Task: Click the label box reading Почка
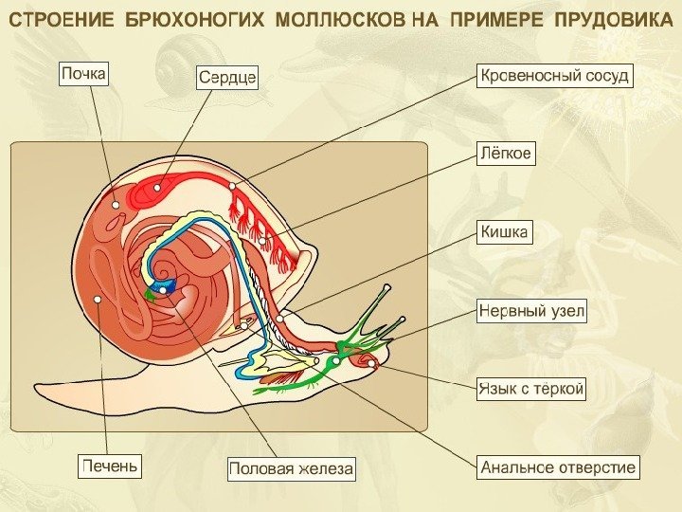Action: (x=84, y=72)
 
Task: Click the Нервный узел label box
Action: (x=530, y=311)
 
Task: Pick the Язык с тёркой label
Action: (x=530, y=388)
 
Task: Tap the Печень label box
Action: (x=110, y=466)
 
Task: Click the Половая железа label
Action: (x=291, y=468)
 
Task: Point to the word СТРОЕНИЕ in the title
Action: (x=61, y=20)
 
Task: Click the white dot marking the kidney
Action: (x=116, y=205)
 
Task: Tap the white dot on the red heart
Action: (x=158, y=187)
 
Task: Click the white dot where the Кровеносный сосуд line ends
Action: (x=232, y=186)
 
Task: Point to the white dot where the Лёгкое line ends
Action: (x=263, y=241)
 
